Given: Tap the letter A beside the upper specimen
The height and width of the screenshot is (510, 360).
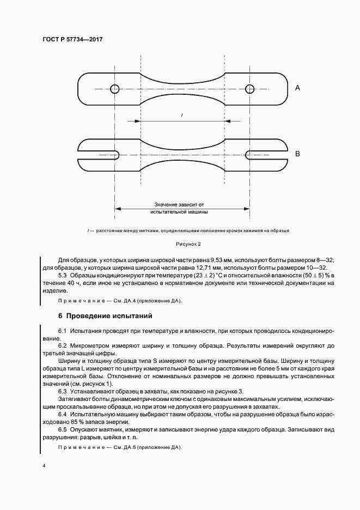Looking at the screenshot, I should click(297, 87).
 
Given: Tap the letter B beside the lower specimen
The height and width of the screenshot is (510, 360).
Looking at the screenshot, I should click(297, 154).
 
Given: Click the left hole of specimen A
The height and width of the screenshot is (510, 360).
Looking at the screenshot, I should click(114, 89).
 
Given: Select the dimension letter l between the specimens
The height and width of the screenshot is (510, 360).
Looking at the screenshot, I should click(181, 114).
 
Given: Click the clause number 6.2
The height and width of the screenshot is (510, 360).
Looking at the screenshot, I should click(62, 346).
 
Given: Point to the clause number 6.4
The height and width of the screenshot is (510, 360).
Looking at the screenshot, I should click(62, 415).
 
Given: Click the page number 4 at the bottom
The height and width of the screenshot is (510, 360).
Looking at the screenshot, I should click(43, 466).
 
